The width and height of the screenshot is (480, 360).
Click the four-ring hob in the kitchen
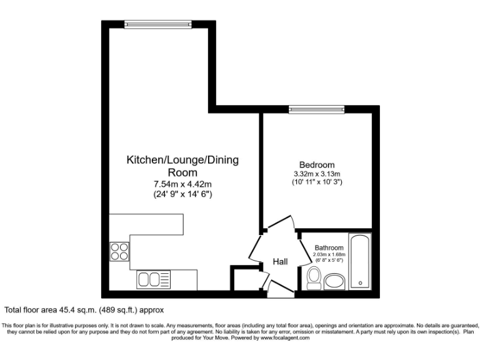119,251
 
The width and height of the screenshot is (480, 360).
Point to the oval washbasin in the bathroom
335,279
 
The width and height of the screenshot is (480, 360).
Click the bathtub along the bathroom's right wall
360,261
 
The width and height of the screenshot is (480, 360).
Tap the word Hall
280,261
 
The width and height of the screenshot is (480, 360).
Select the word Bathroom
329,247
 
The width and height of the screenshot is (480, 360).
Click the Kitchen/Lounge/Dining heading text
182,160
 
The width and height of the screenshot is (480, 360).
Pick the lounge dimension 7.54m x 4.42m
182,184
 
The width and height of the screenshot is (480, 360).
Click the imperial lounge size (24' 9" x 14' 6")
182,194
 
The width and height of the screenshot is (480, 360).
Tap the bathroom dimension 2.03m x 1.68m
329,255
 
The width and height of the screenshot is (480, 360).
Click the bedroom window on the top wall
317,109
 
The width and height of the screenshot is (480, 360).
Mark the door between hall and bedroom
279,224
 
